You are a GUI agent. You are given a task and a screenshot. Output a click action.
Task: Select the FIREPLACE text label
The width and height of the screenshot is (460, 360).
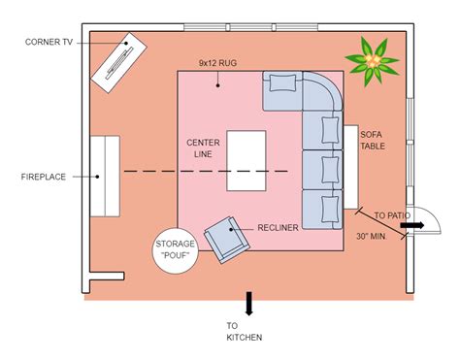point(43,177)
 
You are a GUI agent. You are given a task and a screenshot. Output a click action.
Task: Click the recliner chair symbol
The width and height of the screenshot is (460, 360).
point(226,237)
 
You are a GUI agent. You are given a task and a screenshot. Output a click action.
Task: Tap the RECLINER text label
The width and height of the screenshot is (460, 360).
point(278,228)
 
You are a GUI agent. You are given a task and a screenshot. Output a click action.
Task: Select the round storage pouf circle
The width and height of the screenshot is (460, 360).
point(176,251)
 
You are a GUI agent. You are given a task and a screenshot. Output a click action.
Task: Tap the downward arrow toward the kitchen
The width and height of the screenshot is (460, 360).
point(248,303)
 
